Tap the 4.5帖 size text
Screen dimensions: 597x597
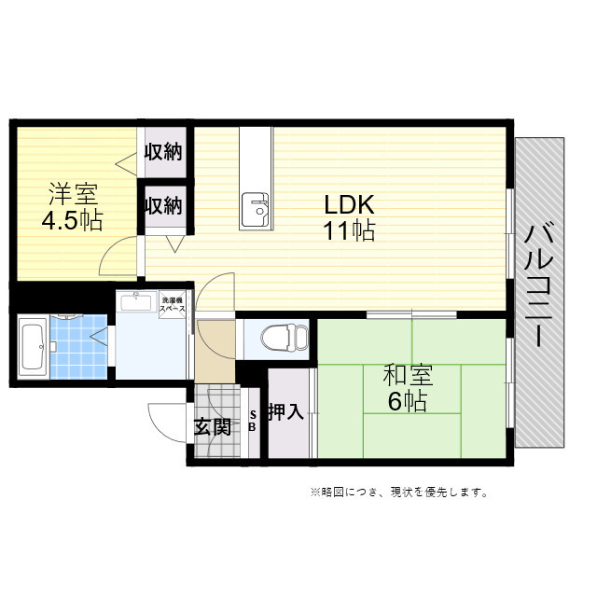pyautogui.click(x=73, y=221)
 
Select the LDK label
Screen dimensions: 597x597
pyautogui.click(x=349, y=205)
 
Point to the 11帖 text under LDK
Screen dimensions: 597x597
pyautogui.click(x=349, y=230)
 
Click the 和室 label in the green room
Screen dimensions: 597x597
pyautogui.click(x=408, y=377)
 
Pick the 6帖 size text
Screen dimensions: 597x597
pyautogui.click(x=408, y=402)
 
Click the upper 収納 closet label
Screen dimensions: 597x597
pyautogui.click(x=164, y=152)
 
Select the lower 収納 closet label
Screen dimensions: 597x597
pyautogui.click(x=164, y=204)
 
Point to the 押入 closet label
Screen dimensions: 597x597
pyautogui.click(x=285, y=412)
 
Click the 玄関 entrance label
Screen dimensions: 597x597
pyautogui.click(x=212, y=427)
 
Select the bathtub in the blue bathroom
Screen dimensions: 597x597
pyautogui.click(x=33, y=347)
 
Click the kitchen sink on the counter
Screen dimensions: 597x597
pyautogui.click(x=255, y=209)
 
